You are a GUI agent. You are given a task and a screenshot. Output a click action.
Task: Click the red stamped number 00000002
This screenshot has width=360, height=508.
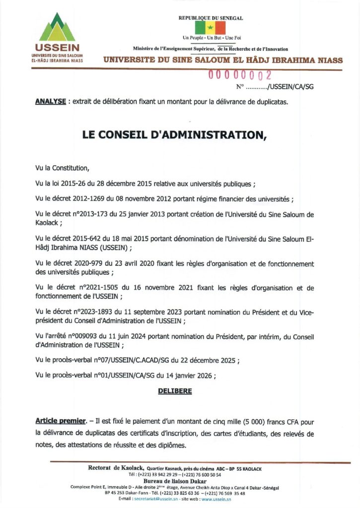(x=239, y=76)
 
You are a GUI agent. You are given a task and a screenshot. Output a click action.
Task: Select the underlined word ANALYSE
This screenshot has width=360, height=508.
(x=51, y=102)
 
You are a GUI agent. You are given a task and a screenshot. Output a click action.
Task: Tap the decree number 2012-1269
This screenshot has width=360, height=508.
(x=85, y=199)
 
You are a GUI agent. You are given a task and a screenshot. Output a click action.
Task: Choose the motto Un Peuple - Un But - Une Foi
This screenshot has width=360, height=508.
(x=211, y=38)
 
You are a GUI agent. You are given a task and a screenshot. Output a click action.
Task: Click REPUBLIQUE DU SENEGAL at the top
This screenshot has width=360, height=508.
(x=211, y=18)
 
